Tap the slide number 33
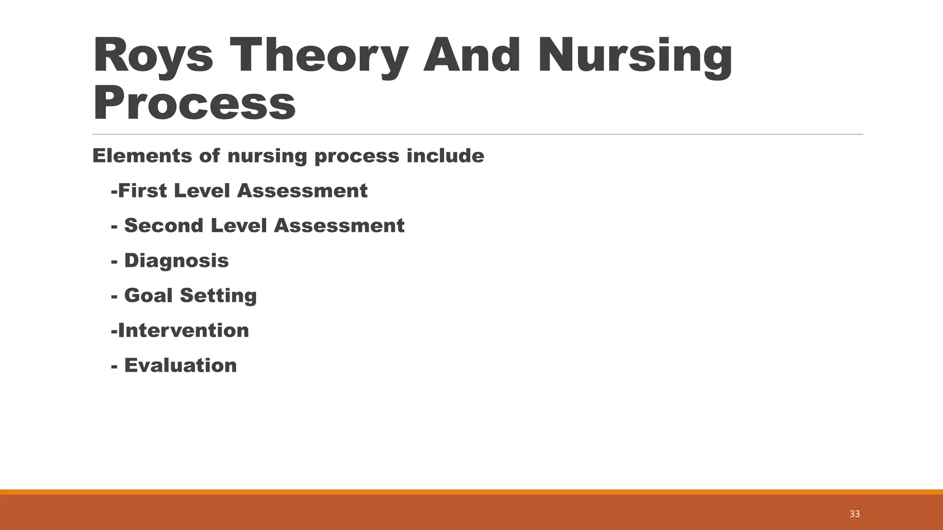(855, 514)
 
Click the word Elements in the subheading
(142, 156)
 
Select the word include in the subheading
(445, 156)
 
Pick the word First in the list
(142, 191)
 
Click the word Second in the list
(163, 226)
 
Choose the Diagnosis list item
(176, 261)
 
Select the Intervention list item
(183, 330)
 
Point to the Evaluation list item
(180, 365)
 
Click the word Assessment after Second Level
(339, 226)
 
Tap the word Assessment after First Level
(302, 191)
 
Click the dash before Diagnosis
(114, 262)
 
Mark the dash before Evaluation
(114, 367)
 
